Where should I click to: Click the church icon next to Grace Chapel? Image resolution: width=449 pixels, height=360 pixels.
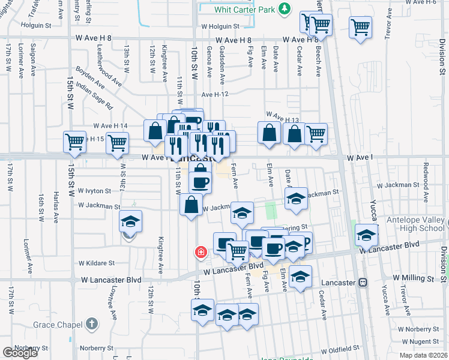pyautogui.click(x=91, y=324)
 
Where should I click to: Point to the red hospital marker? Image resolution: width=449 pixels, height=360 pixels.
pyautogui.click(x=200, y=253)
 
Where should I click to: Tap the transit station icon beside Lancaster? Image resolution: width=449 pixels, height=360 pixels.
pyautogui.click(x=363, y=283)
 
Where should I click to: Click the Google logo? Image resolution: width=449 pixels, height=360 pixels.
pyautogui.click(x=19, y=353)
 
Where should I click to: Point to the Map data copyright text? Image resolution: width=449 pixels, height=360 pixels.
pyautogui.click(x=423, y=355)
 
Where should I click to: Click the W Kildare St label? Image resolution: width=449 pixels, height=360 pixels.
pyautogui.click(x=97, y=263)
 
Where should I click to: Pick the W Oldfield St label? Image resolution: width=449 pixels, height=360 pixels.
pyautogui.click(x=340, y=349)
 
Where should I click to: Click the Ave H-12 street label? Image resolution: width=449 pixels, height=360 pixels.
pyautogui.click(x=215, y=94)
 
